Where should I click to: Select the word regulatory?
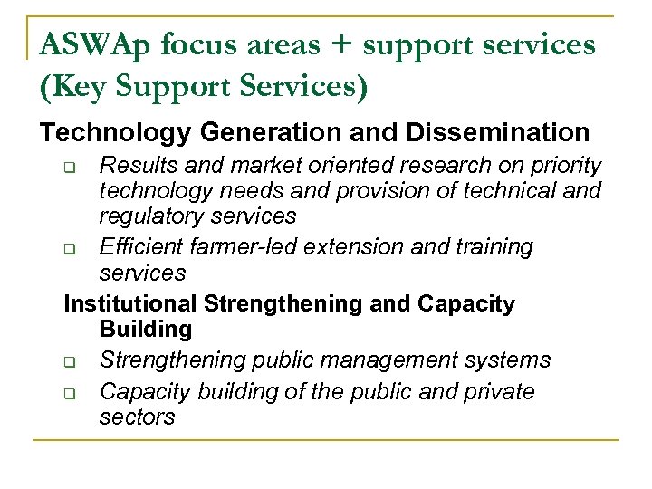(149, 216)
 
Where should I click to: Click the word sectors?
(137, 417)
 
